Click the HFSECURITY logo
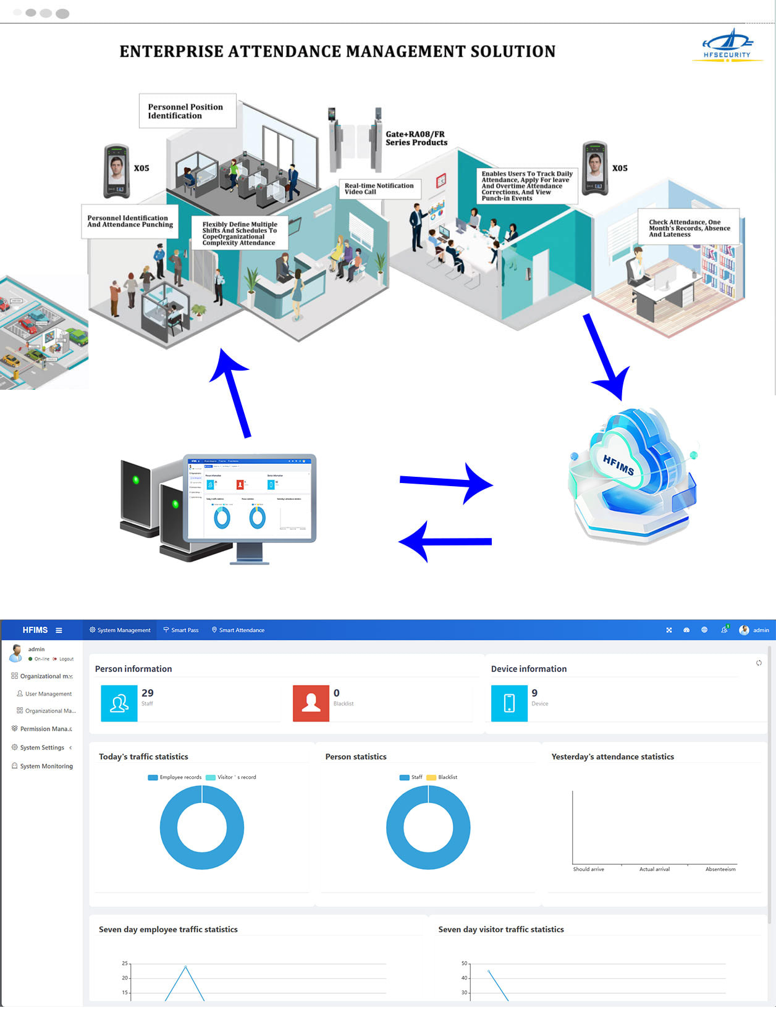pyautogui.click(x=727, y=46)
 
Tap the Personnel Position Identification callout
pyautogui.click(x=187, y=111)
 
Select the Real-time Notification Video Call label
pyautogui.click(x=379, y=188)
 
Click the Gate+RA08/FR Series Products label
pyautogui.click(x=416, y=138)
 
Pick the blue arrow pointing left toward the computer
pyautogui.click(x=445, y=542)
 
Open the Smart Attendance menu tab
pyautogui.click(x=238, y=630)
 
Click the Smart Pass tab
pyautogui.click(x=181, y=630)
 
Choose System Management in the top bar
pyautogui.click(x=120, y=630)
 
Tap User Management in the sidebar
pyautogui.click(x=48, y=694)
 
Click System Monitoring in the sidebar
pyautogui.click(x=46, y=766)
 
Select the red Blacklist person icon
pyautogui.click(x=311, y=703)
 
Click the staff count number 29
pyautogui.click(x=148, y=693)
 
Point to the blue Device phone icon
pyautogui.click(x=509, y=703)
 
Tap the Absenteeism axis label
pyautogui.click(x=720, y=869)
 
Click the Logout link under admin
pyautogui.click(x=65, y=659)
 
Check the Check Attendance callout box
pyautogui.click(x=689, y=228)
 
